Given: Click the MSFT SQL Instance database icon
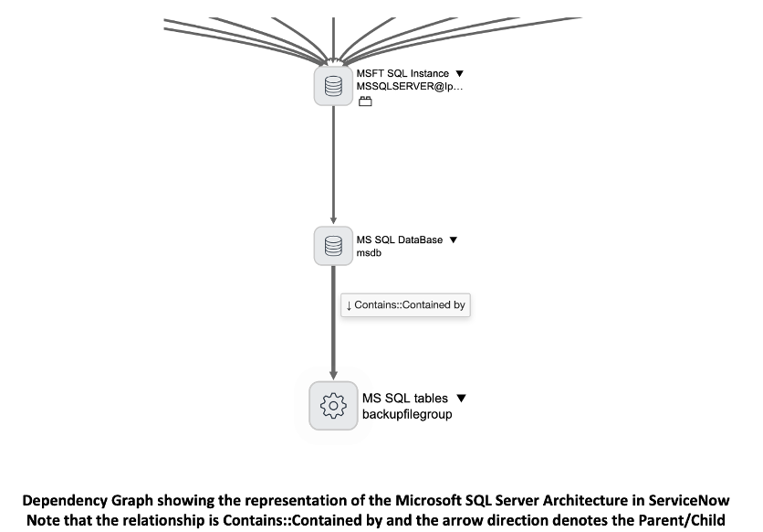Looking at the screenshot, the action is (333, 86).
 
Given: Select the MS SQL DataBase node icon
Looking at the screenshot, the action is (333, 246).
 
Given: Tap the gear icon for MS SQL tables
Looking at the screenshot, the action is (333, 405).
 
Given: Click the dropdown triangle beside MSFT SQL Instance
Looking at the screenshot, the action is (459, 73).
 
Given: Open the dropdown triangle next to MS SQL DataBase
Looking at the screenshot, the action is (453, 239).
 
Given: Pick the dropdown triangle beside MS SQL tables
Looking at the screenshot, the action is (461, 398).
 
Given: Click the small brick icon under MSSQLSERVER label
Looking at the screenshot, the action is (365, 101).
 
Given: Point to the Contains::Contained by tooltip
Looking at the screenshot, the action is (405, 305).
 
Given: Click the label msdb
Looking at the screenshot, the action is (369, 253).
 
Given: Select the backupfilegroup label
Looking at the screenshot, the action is (407, 414).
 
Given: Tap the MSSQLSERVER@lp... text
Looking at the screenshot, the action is (409, 86).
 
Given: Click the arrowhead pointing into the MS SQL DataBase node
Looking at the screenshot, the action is (333, 220).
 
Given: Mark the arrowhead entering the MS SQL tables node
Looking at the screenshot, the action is (333, 375).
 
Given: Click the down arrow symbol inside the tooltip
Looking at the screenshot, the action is (349, 305).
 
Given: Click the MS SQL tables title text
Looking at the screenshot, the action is (405, 398).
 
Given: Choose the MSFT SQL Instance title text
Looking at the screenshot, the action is (402, 73).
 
